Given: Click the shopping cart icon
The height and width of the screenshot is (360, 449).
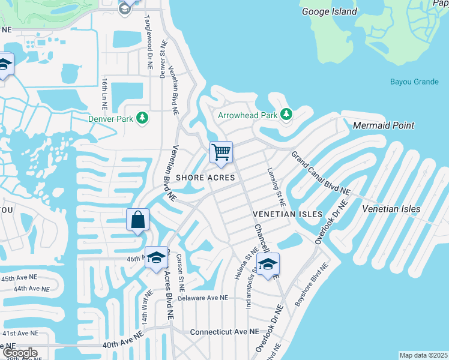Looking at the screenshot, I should point(221,152).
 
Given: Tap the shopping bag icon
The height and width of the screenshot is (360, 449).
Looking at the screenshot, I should point(138,220).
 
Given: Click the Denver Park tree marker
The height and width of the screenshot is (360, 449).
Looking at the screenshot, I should point(143,118).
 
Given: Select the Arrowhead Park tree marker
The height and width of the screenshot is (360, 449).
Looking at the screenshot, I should point(286,114).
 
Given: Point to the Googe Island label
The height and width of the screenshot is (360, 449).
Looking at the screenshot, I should point(330,11).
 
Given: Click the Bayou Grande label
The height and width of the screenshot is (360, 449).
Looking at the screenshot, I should point(414,82).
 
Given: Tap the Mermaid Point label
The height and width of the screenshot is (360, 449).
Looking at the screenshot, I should point(384,125).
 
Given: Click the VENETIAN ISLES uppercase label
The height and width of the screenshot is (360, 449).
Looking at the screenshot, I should point(288,214).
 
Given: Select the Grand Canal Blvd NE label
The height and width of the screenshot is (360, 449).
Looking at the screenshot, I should point(321,173).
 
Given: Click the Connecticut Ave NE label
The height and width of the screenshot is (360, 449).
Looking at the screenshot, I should point(224,332).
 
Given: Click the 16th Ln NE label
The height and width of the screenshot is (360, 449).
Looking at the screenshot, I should point(104,92).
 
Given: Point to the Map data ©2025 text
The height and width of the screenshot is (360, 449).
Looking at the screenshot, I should point(423,355).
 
